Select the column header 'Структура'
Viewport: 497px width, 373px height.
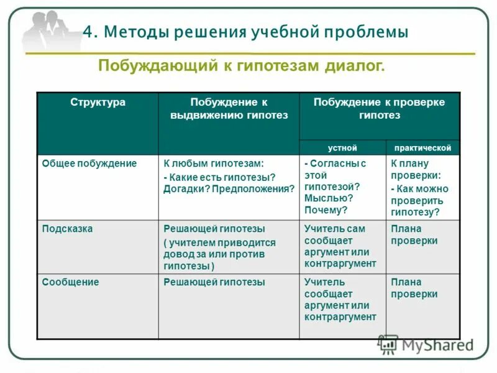coord(98,103)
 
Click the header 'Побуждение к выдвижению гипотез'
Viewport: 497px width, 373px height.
coord(229,109)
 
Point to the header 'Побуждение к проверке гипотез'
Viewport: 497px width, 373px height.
coord(379,109)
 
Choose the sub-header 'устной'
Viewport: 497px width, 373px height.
coord(342,148)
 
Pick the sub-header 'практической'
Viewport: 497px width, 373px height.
coord(422,148)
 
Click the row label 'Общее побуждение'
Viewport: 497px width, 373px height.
coord(89,163)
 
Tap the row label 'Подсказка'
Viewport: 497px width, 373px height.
coord(67,229)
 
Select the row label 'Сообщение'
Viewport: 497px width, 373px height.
coord(70,282)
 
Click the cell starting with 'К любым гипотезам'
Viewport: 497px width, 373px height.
coord(228,177)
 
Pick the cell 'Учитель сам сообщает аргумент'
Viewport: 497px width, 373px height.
coord(340,246)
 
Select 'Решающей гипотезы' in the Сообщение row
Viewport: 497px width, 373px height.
coord(214,282)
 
